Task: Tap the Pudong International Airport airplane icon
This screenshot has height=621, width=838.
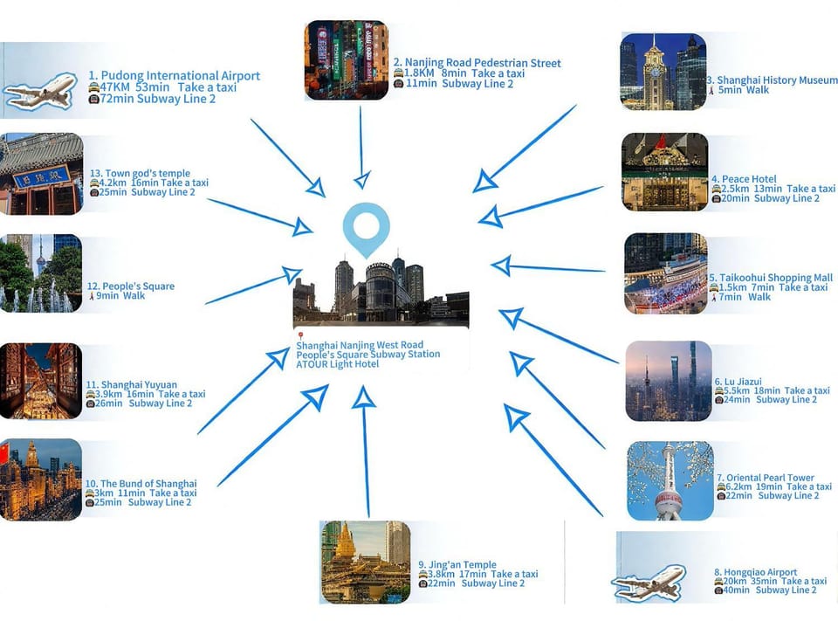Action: (40, 92)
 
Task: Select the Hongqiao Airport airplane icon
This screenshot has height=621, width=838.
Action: (649, 583)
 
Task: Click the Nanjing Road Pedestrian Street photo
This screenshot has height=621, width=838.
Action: (347, 60)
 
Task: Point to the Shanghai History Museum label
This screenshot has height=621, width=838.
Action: (773, 80)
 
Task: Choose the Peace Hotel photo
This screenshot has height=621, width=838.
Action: (665, 172)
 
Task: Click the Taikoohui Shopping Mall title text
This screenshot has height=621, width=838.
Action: (771, 278)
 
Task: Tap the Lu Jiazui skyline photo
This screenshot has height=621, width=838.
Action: (669, 381)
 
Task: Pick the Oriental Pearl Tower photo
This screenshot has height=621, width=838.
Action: (670, 480)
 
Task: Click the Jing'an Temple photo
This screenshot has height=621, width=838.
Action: (366, 562)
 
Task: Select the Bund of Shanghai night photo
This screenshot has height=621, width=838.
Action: (41, 480)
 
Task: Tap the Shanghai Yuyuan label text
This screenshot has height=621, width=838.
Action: (132, 384)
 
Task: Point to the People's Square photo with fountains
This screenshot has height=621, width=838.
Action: (41, 273)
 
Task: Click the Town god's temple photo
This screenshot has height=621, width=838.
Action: (42, 173)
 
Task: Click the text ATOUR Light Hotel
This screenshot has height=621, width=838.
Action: (338, 364)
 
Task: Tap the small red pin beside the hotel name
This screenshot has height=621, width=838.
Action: (301, 336)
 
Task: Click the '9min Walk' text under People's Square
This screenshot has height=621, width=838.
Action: (120, 296)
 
